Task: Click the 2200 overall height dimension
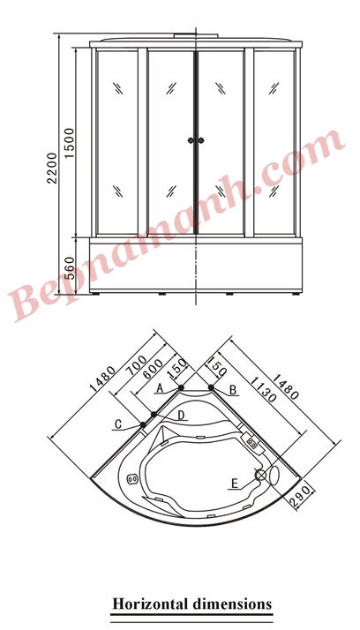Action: pos(53,168)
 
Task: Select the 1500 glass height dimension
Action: pos(70,143)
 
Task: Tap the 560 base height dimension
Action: pos(69,267)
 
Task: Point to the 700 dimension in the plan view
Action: pos(139,364)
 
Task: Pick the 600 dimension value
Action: pos(153,369)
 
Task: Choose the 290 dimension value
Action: pos(304,495)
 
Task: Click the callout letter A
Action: pos(160,388)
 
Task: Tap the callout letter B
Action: pos(232,389)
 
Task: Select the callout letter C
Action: pos(118,424)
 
